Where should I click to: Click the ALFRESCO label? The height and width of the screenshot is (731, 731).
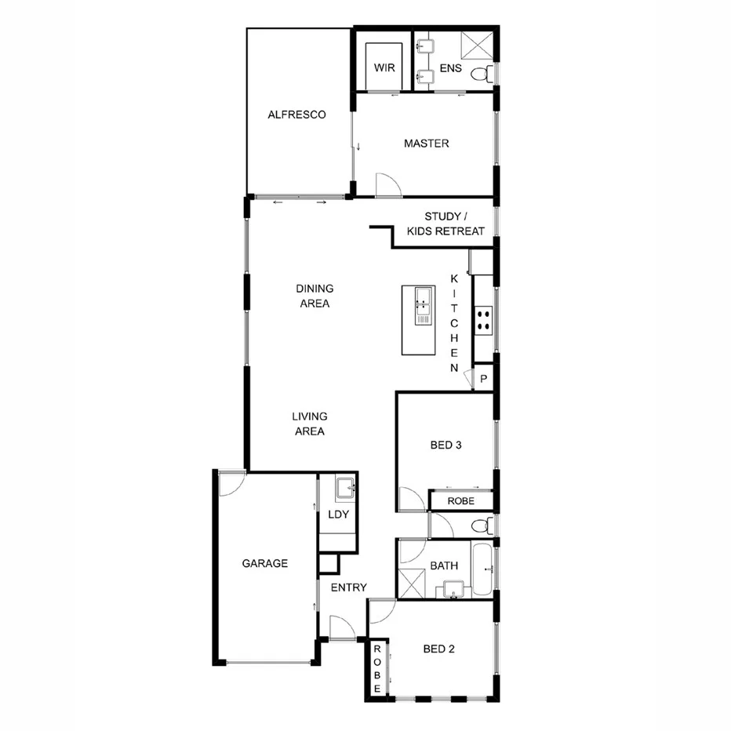point(296,115)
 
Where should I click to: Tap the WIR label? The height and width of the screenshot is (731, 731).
point(384,68)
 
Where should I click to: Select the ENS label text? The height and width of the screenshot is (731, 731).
point(450,68)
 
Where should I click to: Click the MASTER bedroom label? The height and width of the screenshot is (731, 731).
point(426,144)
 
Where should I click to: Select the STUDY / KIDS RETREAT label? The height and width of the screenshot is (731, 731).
point(446,224)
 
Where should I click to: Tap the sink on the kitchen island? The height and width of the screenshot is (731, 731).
point(423,298)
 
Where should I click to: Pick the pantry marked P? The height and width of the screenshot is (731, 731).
point(484,378)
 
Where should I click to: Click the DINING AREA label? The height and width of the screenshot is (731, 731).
point(314,296)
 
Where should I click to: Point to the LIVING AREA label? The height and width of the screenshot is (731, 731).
point(309,424)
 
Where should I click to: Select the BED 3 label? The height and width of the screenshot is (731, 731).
point(445,445)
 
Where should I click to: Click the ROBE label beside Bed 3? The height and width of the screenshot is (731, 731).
point(460,501)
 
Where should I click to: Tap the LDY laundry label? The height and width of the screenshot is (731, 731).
point(339,515)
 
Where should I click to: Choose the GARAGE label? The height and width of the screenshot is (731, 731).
point(264,563)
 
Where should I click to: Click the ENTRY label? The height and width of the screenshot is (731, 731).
point(348,587)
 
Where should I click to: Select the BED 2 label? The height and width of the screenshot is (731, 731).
point(439,649)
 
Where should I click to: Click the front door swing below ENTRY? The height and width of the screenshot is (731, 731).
point(342,627)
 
